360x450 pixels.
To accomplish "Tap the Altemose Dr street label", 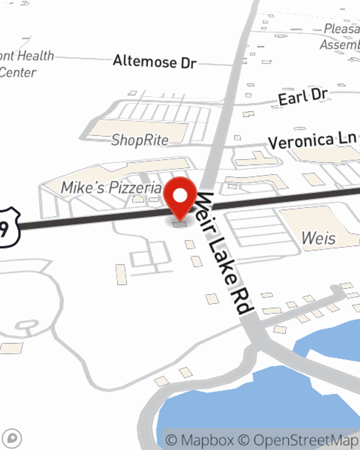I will (154, 62).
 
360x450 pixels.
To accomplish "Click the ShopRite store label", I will (140, 140).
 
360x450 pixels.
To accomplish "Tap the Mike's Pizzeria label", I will (112, 188).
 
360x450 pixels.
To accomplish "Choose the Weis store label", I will (319, 238).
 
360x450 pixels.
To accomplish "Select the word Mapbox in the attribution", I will (207, 440).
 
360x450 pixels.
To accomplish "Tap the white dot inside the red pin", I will (180, 196).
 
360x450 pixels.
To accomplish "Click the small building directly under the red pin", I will (180, 224).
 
